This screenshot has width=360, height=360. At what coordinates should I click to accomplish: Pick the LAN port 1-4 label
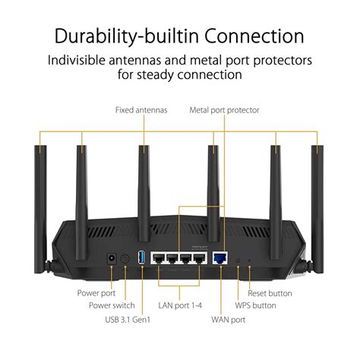click(179, 306)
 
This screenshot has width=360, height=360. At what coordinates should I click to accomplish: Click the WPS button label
click(256, 306)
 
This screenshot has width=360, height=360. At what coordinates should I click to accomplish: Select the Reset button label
click(269, 292)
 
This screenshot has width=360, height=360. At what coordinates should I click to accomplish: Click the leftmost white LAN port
click(159, 258)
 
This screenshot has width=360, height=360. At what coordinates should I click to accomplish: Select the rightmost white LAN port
click(200, 258)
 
